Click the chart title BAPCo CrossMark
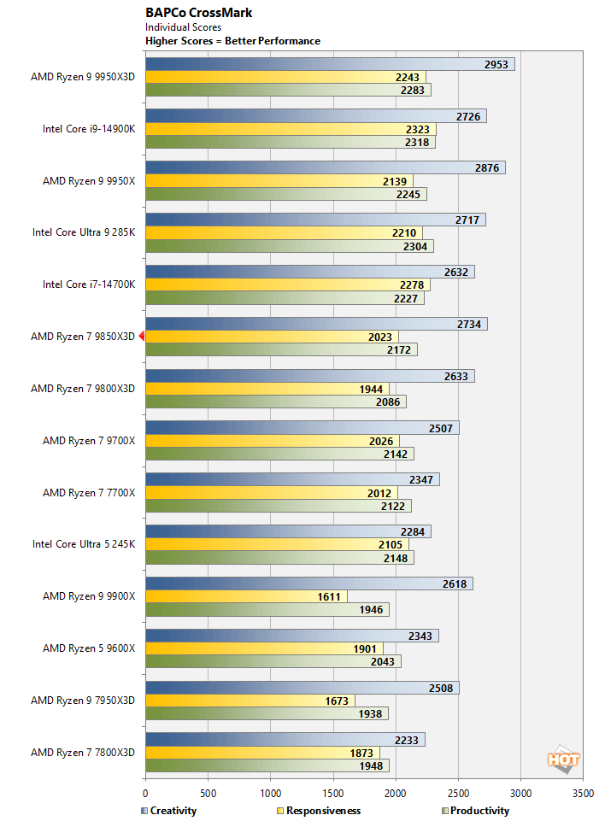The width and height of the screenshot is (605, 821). (x=198, y=13)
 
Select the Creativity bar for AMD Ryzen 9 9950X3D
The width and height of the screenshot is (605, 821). (x=329, y=64)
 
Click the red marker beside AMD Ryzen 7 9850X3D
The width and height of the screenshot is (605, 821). (x=142, y=337)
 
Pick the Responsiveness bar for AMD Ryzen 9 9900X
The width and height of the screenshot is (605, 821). (x=246, y=596)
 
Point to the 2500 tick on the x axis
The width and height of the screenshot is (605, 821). (x=458, y=794)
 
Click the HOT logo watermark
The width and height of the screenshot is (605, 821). (x=563, y=759)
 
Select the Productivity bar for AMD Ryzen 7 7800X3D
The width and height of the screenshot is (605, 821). (x=267, y=765)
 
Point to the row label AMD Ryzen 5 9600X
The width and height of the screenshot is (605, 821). (x=89, y=648)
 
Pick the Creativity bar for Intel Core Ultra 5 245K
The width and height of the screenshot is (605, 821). (x=287, y=532)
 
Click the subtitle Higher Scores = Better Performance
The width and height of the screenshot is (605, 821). (x=232, y=41)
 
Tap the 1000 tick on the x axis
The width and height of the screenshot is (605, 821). (x=271, y=794)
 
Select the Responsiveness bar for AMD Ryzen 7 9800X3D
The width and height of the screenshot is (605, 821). (x=267, y=389)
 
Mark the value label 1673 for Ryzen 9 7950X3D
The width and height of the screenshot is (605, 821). (x=337, y=701)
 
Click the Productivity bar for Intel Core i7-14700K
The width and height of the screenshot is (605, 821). (x=284, y=298)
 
